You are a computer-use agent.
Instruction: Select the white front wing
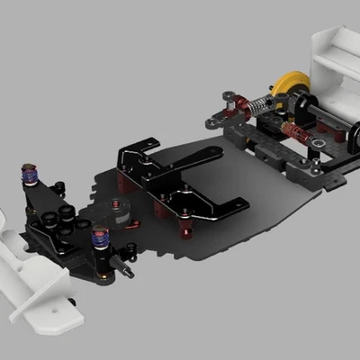(36, 270)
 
